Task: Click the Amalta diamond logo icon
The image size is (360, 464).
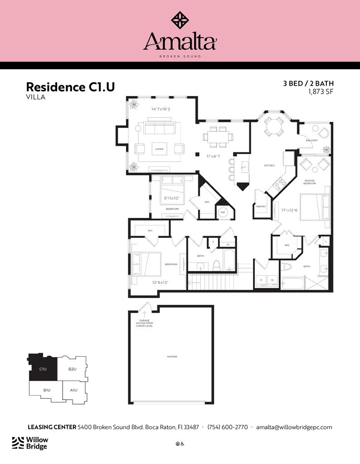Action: coord(180,19)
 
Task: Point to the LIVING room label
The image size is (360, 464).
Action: coord(159,149)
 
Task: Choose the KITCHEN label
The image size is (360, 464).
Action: coord(269,165)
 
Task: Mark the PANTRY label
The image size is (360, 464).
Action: coord(261,206)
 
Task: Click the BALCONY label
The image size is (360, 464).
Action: coord(311,140)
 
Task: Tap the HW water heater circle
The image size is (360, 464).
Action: coord(223,212)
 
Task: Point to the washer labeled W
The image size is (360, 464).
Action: coord(272,280)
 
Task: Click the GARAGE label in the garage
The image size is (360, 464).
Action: coord(172,357)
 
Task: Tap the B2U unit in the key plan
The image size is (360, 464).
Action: coord(72,369)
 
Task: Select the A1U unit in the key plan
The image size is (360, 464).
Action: coord(73,390)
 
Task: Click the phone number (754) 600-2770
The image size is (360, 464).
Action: coord(228,427)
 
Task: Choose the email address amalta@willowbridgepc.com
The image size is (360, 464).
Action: coord(294,427)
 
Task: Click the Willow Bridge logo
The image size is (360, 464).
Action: coord(30,443)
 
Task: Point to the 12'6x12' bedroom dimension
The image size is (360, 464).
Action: coord(160,282)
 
